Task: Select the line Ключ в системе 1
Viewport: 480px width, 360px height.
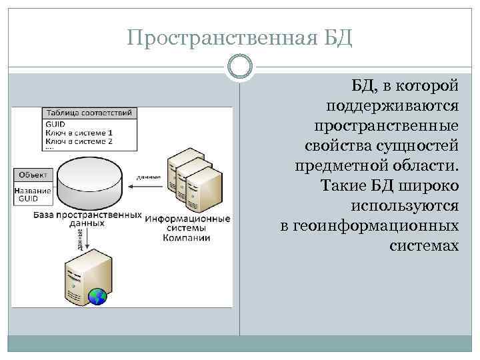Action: [79, 133]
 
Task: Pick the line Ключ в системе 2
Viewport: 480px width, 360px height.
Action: [79, 141]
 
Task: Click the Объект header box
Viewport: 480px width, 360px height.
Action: [33, 175]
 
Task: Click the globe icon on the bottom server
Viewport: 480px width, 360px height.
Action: [98, 295]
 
